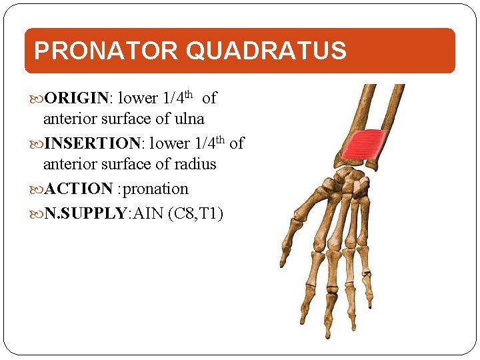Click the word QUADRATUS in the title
click(267, 51)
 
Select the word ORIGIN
click(76, 99)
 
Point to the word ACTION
click(78, 189)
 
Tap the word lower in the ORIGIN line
click(137, 99)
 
